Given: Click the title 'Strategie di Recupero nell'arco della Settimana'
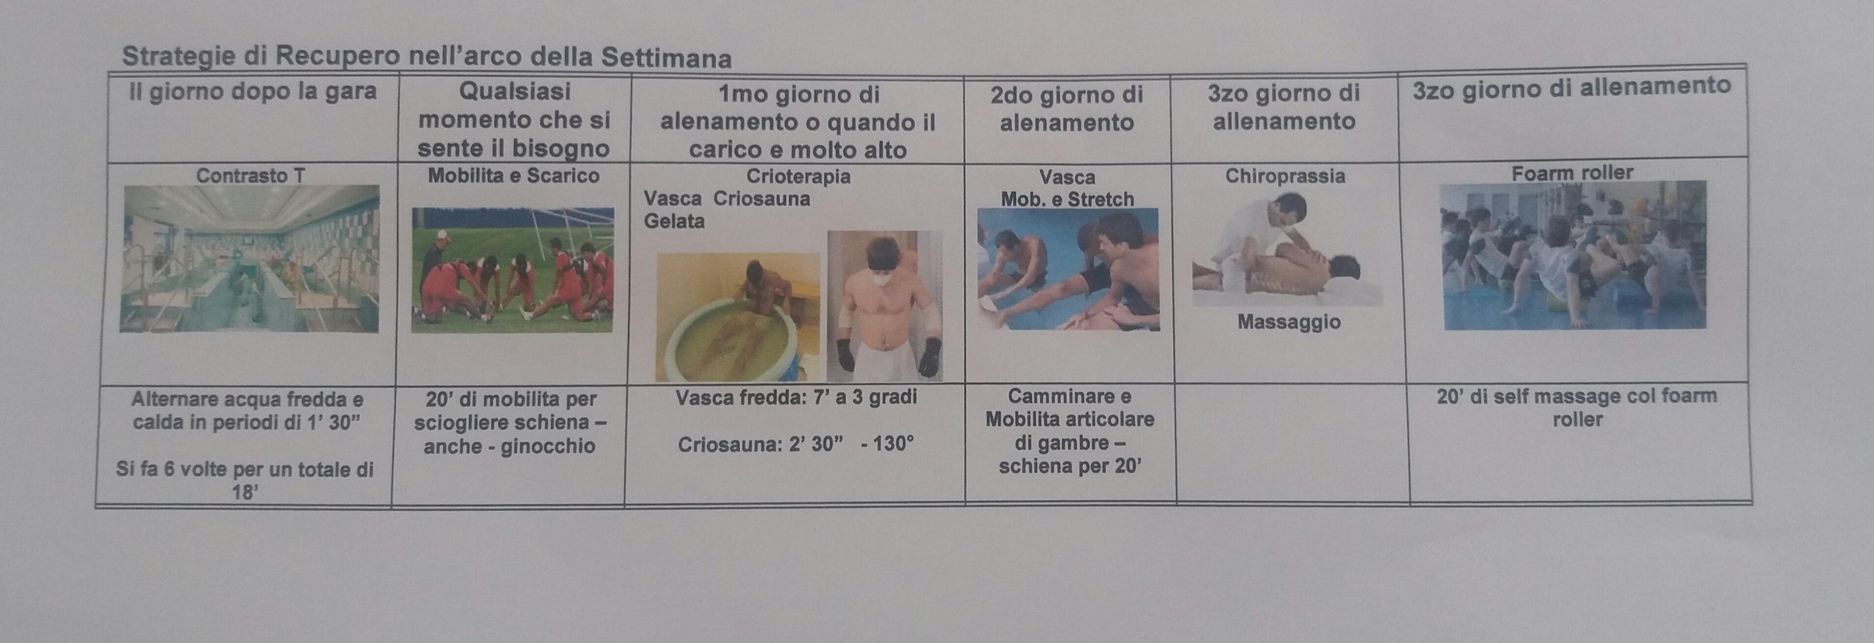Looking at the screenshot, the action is [x=427, y=57].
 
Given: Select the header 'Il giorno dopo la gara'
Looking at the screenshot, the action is [x=252, y=92].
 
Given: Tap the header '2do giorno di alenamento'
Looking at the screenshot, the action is [x=1066, y=108].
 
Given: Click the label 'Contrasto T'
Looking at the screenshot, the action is [x=250, y=175].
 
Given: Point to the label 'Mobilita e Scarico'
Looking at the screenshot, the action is [x=513, y=175].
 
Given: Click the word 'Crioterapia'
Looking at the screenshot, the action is [x=798, y=176].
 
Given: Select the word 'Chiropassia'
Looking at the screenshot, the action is [x=1285, y=176].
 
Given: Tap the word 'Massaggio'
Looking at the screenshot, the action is [x=1289, y=321].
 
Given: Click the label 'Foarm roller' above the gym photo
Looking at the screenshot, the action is [x=1572, y=173].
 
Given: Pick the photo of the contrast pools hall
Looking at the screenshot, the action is [x=249, y=259].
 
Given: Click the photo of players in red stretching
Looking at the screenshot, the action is [x=512, y=270].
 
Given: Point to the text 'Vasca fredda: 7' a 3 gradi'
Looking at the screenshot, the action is [x=796, y=397].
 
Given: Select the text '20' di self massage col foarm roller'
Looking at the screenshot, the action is [x=1576, y=407].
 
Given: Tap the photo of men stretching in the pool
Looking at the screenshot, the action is [x=1068, y=269].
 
